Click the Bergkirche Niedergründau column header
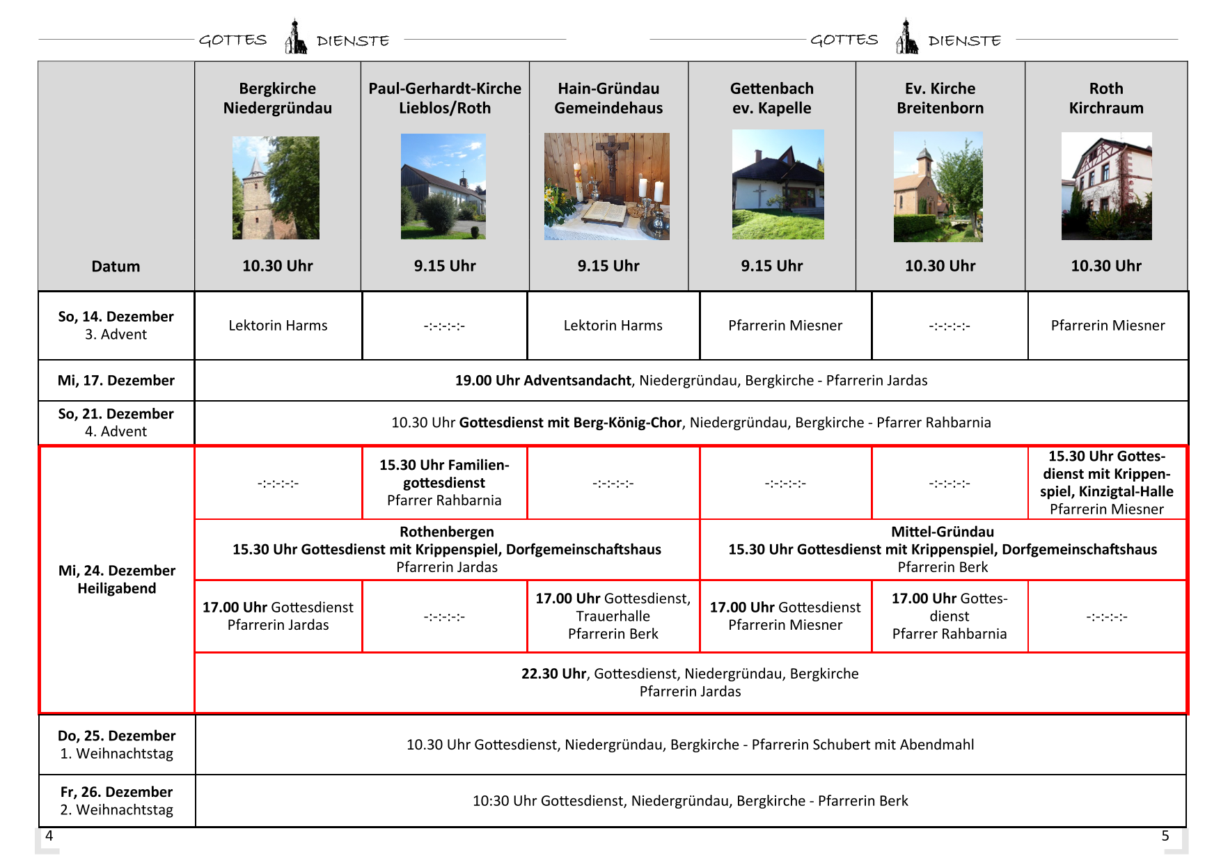pos(277,98)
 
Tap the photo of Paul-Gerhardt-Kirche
pos(443,187)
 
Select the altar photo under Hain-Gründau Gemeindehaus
pos(607,187)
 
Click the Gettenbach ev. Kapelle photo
pos(778,184)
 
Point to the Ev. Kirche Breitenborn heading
pos(940,98)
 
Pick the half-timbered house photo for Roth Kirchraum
pos(1106,187)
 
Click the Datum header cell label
pos(116,267)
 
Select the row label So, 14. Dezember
pos(116,317)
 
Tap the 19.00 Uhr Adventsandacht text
pos(543,381)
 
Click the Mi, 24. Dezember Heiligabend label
pos(116,579)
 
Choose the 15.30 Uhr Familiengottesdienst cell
pos(444,482)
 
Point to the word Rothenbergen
pos(447,532)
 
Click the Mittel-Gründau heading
pos(943,532)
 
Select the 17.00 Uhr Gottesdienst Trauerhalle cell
pos(613,616)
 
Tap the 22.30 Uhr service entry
pos(690,682)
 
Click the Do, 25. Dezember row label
pos(116,736)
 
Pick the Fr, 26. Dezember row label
pos(116,793)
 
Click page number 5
pos(1165,836)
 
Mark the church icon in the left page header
pos(296,38)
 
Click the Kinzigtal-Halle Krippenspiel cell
pos(1106,482)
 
